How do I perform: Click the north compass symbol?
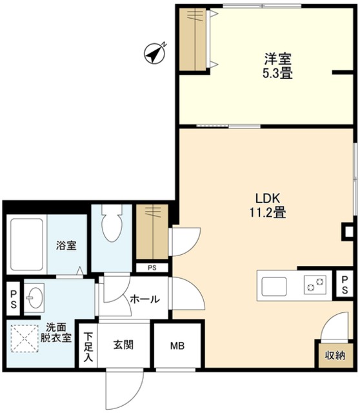click(x=155, y=52)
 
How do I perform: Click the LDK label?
click(x=266, y=197)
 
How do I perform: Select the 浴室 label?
click(x=66, y=245)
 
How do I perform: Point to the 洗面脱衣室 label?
click(x=55, y=332)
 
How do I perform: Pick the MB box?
click(x=177, y=345)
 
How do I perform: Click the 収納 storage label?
click(x=334, y=354)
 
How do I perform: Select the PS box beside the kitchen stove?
click(x=346, y=284)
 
